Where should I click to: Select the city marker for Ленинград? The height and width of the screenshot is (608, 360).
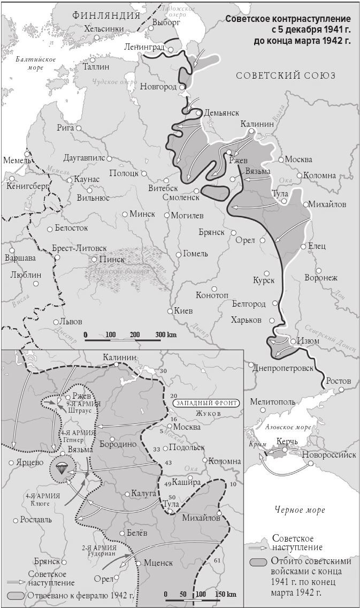(x=170, y=49)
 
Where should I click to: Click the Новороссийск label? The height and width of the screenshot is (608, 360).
(x=328, y=455)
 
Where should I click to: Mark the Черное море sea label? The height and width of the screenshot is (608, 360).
(x=299, y=510)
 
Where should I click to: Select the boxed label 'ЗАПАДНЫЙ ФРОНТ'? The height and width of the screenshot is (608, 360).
(x=205, y=402)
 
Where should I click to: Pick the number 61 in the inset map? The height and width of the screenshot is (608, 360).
(x=217, y=560)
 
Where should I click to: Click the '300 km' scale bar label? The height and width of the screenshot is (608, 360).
(x=166, y=335)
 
